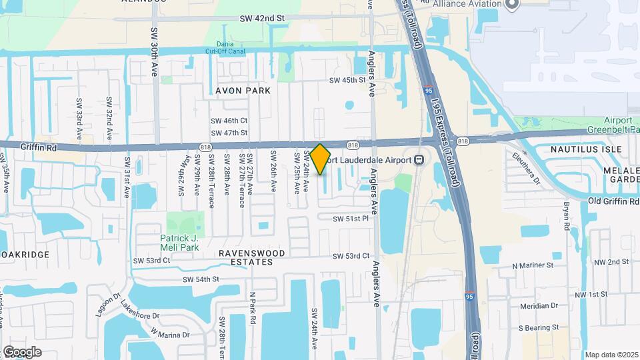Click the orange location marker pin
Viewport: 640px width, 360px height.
320,159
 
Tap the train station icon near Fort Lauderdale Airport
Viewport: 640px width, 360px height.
420,160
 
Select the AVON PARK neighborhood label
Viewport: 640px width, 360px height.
243,90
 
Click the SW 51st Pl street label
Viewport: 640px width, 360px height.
351,218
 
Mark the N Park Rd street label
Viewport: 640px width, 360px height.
253,307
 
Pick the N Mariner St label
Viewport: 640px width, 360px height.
532,265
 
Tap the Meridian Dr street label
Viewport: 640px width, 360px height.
539,305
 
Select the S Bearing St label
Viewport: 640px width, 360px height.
538,327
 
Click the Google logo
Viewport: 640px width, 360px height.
22,351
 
